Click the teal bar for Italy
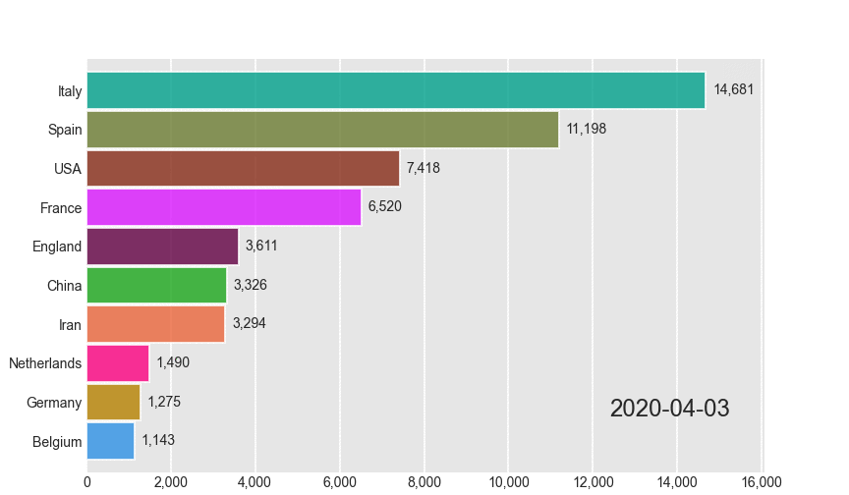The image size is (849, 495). [x=396, y=90]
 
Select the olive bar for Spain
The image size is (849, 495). [x=322, y=130]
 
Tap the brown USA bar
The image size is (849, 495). [x=243, y=168]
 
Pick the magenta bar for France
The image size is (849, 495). [x=224, y=207]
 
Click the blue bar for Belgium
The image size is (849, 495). [x=110, y=441]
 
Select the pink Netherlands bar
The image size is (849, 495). [x=118, y=363]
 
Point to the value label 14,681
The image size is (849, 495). [x=734, y=89]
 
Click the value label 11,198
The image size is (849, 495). [x=587, y=129]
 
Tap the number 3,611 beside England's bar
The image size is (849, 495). [x=261, y=246]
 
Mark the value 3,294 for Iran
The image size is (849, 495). [x=249, y=323]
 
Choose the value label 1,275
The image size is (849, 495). [x=164, y=402]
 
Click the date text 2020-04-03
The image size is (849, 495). [x=670, y=408]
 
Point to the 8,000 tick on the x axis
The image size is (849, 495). [x=424, y=481]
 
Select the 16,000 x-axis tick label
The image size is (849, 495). [x=762, y=481]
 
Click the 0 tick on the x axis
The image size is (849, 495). [x=87, y=481]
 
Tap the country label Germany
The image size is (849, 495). [x=54, y=403]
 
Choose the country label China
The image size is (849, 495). [x=65, y=286]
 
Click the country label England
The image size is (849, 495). [x=57, y=247]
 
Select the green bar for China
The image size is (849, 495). [x=156, y=285]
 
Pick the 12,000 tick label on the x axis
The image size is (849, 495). [x=594, y=481]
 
